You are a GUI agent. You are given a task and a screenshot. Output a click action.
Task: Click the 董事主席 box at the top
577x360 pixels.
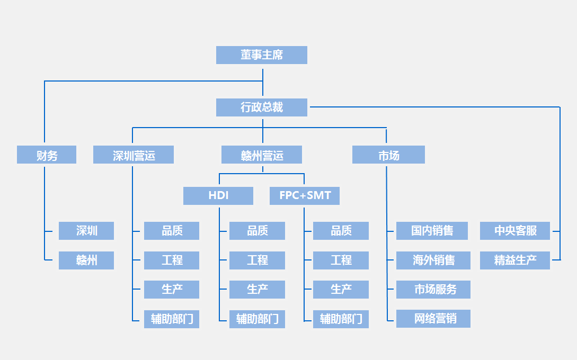click(262, 55)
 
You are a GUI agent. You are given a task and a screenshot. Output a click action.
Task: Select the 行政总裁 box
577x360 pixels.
click(262, 107)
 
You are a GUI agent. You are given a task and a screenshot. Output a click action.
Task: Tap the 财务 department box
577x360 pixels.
click(47, 155)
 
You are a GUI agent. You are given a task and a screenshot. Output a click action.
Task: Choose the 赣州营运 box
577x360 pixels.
click(262, 155)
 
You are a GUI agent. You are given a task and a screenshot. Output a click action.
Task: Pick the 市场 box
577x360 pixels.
click(388, 155)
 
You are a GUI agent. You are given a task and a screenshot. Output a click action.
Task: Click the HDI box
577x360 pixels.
click(218, 195)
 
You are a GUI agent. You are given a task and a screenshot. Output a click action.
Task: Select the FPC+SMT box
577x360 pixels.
click(305, 195)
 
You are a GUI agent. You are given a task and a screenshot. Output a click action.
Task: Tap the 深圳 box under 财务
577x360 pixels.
click(86, 231)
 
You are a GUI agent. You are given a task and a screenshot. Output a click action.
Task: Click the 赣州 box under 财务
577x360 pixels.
click(86, 260)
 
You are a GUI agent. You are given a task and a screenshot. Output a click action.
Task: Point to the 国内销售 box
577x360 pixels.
click(432, 231)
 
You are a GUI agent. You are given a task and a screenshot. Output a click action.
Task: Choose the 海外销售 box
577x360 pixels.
click(433, 260)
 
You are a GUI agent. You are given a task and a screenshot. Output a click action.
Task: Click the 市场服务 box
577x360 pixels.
click(433, 290)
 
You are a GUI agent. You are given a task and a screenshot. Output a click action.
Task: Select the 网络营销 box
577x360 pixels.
click(433, 319)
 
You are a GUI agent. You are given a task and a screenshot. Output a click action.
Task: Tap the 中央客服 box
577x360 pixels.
click(515, 231)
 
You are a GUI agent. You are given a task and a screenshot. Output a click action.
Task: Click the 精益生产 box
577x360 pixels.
click(515, 260)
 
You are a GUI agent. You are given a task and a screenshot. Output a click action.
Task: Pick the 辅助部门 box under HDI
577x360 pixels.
click(257, 319)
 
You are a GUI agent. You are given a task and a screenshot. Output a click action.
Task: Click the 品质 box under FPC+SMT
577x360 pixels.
click(341, 231)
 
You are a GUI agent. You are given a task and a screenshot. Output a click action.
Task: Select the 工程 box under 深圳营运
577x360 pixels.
click(172, 260)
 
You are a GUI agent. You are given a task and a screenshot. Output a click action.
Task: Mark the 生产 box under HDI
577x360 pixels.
click(257, 290)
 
